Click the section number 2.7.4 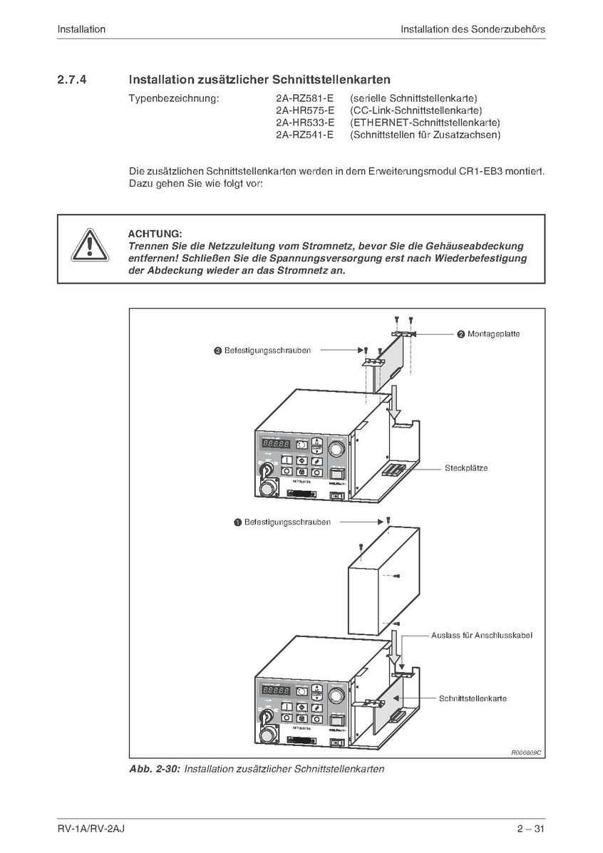point(72,80)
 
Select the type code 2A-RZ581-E point(304,98)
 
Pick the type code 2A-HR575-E point(304,110)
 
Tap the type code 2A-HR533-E point(304,123)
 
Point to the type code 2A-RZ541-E point(304,135)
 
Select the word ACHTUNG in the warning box point(155,234)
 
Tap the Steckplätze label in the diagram point(466,468)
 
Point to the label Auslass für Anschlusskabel point(481,635)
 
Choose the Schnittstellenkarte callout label point(473,698)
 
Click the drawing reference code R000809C point(526,753)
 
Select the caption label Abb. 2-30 point(155,770)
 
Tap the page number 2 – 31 point(531,829)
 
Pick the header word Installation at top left point(81,29)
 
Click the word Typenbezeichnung point(173,98)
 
